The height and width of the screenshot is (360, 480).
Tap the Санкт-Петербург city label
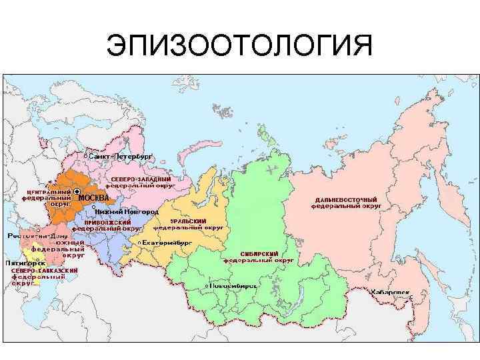[x=121, y=155]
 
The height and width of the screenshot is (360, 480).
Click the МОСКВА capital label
[x=93, y=198]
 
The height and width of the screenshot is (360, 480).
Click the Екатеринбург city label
[x=166, y=243]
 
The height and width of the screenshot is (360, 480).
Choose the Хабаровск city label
[x=389, y=292]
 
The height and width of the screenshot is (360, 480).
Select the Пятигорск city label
[x=21, y=263]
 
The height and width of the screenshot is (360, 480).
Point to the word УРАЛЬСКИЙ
[x=188, y=221]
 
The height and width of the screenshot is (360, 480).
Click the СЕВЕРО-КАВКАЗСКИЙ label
[x=45, y=270]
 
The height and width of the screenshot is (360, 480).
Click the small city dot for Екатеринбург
[x=139, y=243]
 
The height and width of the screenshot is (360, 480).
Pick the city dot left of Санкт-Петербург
[x=85, y=156]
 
